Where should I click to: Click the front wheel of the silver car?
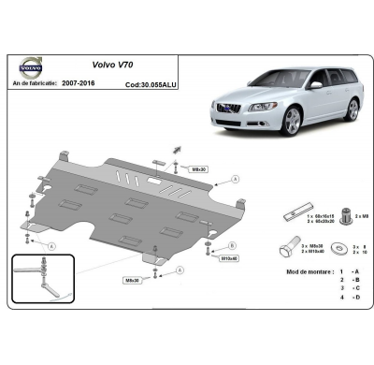[294, 120]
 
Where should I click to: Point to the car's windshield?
[271, 80]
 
